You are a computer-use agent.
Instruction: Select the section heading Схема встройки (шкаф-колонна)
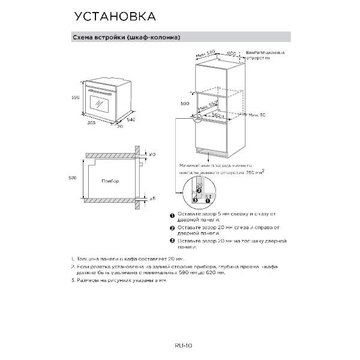(126, 37)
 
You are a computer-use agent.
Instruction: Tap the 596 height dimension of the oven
(76, 97)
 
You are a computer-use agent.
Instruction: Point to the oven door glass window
(99, 103)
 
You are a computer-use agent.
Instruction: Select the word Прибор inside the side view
(110, 181)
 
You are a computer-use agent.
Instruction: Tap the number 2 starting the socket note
(72, 266)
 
